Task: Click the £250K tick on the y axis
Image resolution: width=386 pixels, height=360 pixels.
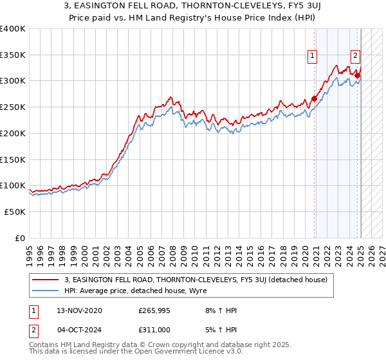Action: pyautogui.click(x=13, y=107)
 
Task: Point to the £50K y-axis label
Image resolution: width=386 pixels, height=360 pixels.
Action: pyautogui.click(x=13, y=212)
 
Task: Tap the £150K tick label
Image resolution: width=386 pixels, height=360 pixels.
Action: pyautogui.click(x=13, y=159)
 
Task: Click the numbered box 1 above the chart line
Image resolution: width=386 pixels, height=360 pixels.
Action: pyautogui.click(x=312, y=56)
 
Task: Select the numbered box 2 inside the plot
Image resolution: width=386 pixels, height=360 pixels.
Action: pyautogui.click(x=354, y=56)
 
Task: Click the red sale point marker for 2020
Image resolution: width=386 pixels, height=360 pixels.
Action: pyautogui.click(x=315, y=99)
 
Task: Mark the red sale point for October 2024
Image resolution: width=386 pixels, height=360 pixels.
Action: pyautogui.click(x=357, y=75)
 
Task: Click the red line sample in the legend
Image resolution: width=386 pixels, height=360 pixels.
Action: pyautogui.click(x=46, y=280)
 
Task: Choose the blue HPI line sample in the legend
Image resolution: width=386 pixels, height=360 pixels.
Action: pyautogui.click(x=46, y=290)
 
